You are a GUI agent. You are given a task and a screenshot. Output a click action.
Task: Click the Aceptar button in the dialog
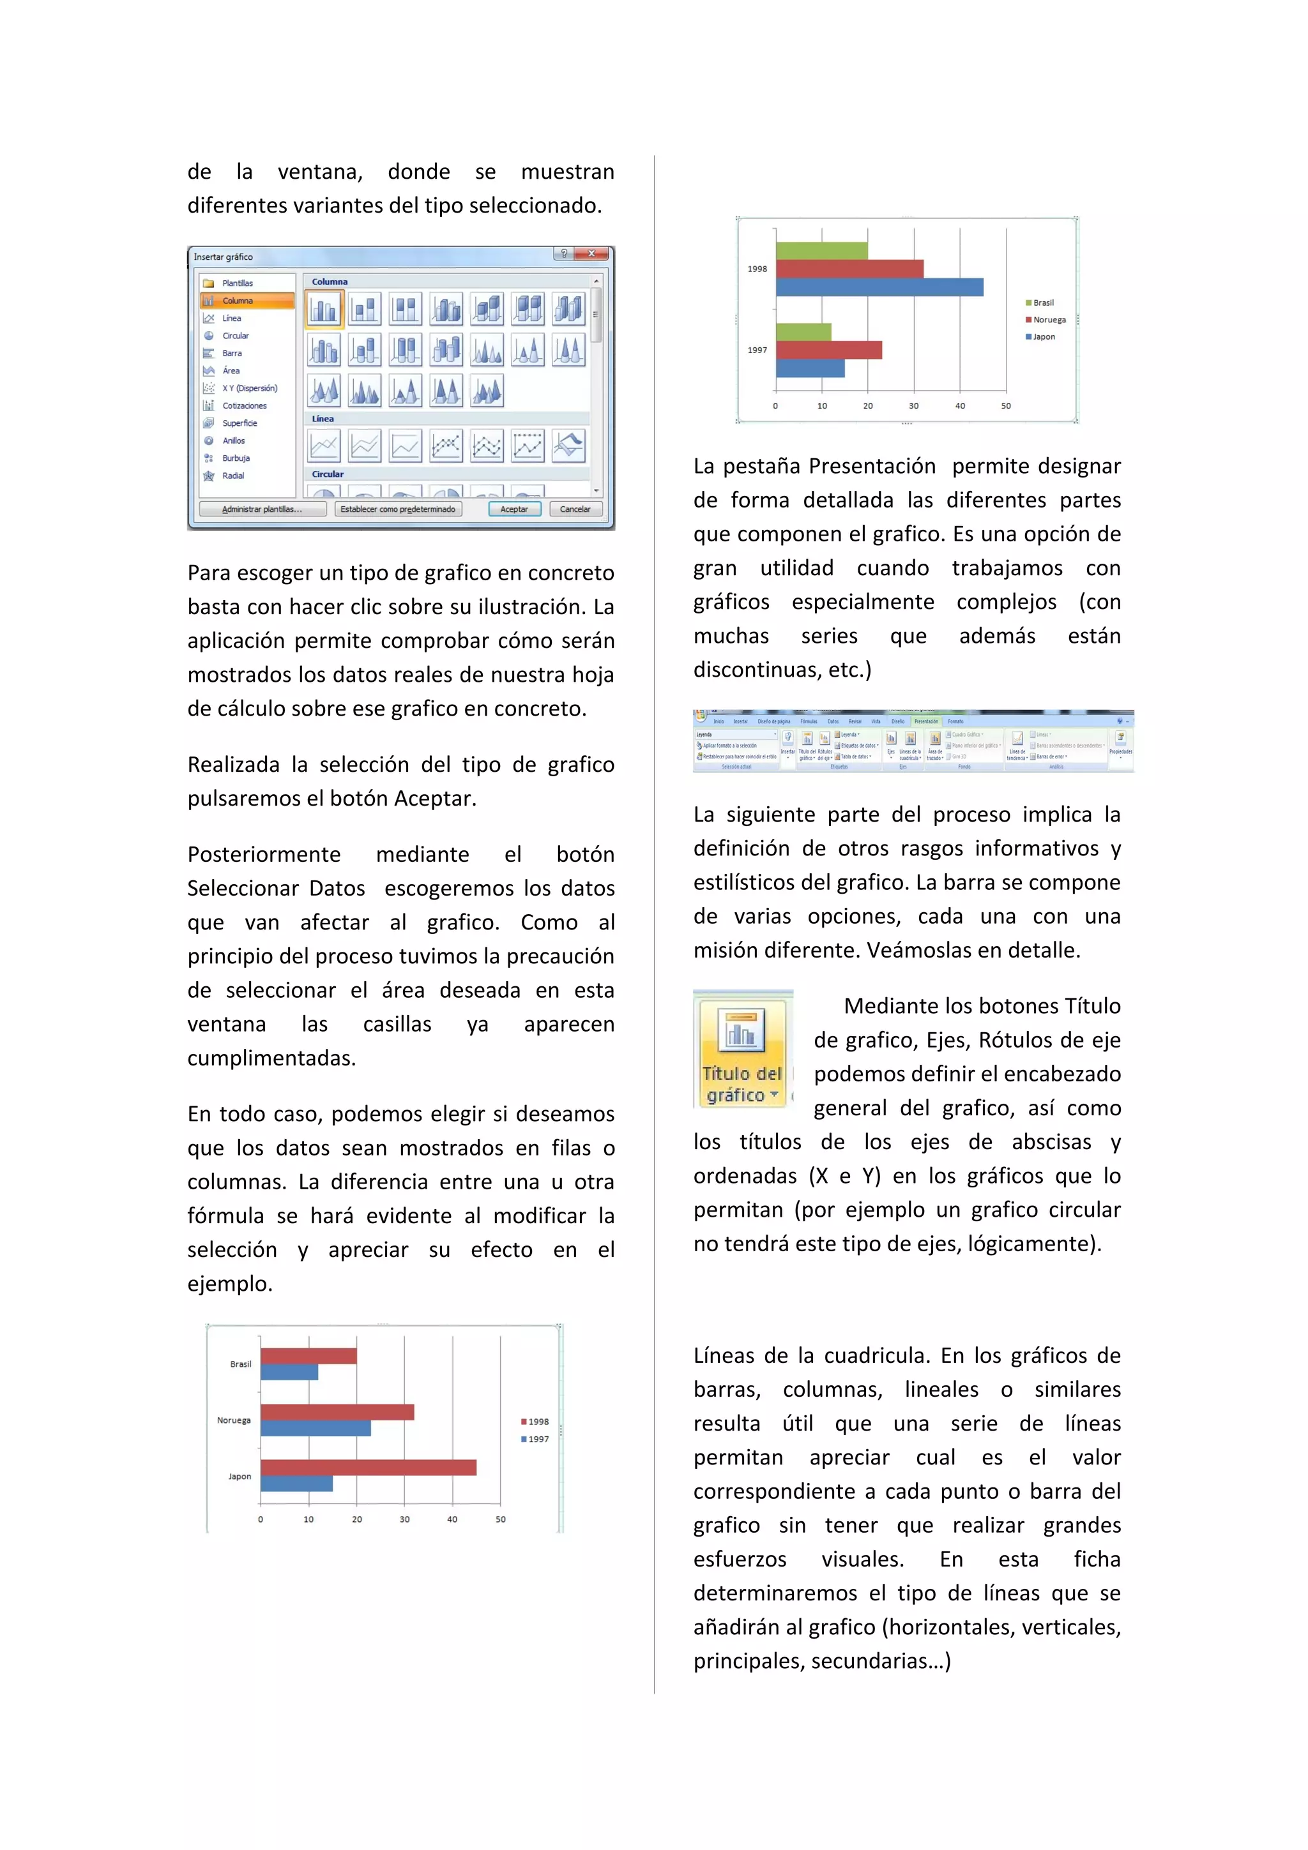tap(514, 509)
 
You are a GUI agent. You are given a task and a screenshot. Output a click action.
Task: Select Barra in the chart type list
tap(231, 353)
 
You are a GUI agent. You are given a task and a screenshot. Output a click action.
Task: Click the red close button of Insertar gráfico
tap(591, 254)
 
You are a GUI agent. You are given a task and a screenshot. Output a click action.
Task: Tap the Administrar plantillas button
tap(262, 509)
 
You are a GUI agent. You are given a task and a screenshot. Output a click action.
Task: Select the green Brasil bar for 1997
tap(803, 332)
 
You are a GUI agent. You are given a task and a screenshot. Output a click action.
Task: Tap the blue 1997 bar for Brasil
tap(289, 1371)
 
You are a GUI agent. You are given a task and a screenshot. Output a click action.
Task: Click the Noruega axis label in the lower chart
tap(234, 1420)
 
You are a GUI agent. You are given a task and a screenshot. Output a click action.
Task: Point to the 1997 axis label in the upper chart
tap(757, 350)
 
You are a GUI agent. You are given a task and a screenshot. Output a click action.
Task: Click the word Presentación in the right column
tap(872, 467)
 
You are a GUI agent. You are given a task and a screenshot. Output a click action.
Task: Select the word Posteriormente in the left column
tap(264, 854)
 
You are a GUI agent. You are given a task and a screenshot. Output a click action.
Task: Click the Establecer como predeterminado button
tap(397, 509)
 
